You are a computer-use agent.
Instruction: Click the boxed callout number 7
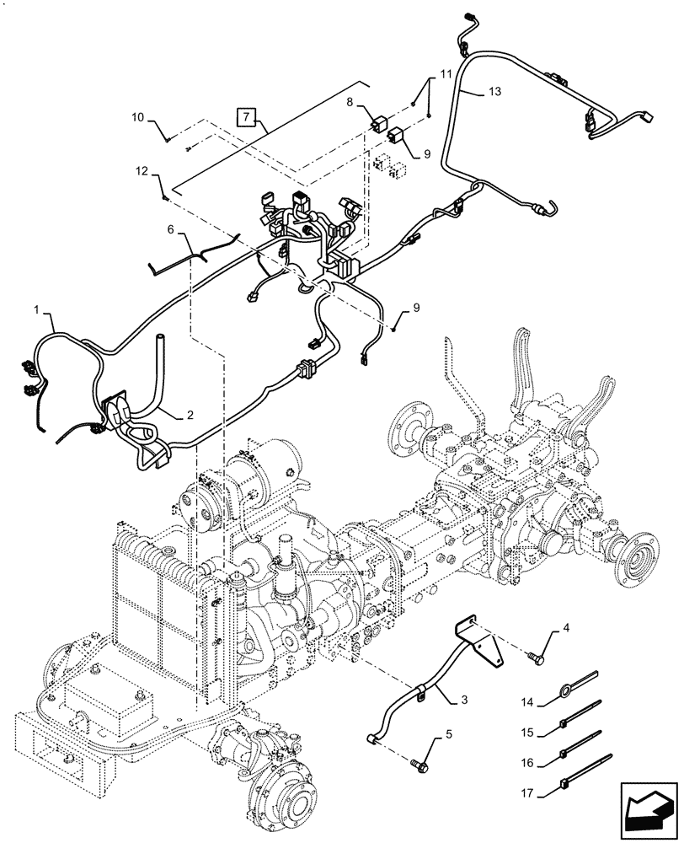coord(246,116)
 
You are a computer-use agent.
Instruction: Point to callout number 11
coord(446,75)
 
